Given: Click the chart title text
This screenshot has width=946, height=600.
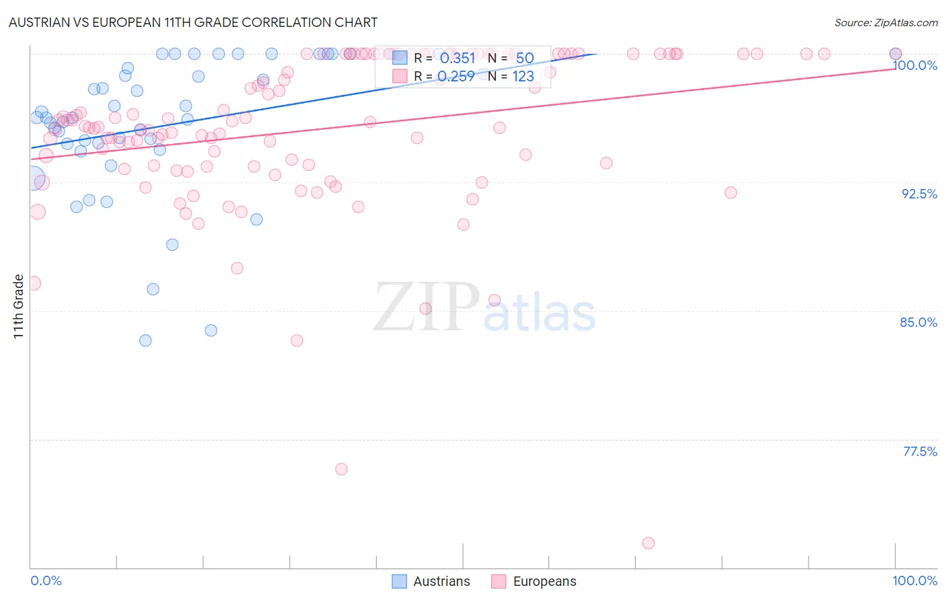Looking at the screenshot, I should [193, 22].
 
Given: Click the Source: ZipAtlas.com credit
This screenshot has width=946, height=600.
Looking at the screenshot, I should [885, 22].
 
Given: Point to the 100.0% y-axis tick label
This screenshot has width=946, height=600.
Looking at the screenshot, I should [915, 65].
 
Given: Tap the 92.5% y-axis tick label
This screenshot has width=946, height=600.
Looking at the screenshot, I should [919, 194].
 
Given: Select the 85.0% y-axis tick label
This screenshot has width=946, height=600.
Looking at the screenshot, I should [918, 322].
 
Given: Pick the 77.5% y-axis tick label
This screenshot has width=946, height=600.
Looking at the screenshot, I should [920, 451].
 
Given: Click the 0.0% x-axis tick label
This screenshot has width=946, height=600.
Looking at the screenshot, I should [46, 580].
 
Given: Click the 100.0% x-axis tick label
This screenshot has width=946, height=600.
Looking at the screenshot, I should [914, 580].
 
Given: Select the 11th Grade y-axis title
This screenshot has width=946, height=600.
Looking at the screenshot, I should [19, 306].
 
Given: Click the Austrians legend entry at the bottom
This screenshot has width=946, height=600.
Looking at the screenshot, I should [431, 581].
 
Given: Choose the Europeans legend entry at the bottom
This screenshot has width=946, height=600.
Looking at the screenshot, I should [534, 581].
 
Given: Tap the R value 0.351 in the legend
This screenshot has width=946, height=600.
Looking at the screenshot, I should [458, 58].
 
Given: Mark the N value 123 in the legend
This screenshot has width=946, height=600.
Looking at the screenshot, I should [523, 76].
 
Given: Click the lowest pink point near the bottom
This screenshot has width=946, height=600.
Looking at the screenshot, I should [648, 543].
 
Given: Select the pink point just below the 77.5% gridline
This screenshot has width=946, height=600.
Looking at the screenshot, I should [341, 469].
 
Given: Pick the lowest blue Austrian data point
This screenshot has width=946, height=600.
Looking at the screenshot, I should [145, 340].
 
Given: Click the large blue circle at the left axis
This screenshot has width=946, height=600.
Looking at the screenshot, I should [32, 180].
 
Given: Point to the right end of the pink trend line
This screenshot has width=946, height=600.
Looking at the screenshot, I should [895, 68].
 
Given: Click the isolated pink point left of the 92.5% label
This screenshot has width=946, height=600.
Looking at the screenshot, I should [731, 192].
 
